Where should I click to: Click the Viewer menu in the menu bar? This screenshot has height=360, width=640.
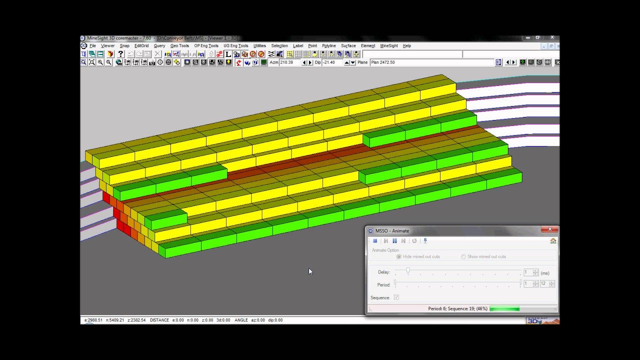pyautogui.click(x=107, y=46)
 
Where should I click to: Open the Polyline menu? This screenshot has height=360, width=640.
pyautogui.click(x=328, y=46)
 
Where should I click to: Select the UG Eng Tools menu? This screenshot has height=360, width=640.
pyautogui.click(x=235, y=46)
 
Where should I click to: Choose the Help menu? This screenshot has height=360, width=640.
pyautogui.click(x=406, y=46)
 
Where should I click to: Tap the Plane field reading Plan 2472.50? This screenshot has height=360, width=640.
pyautogui.click(x=430, y=62)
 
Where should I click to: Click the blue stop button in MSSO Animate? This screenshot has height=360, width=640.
pyautogui.click(x=375, y=241)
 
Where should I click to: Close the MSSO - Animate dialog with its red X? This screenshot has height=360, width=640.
pyautogui.click(x=549, y=229)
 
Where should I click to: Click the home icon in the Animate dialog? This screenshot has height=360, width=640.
pyautogui.click(x=553, y=241)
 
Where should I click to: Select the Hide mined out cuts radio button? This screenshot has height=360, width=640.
pyautogui.click(x=399, y=256)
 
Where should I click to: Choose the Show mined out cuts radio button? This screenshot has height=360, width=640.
pyautogui.click(x=463, y=256)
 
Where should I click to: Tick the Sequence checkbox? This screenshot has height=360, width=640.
pyautogui.click(x=396, y=297)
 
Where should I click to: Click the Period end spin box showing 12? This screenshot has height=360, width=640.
pyautogui.click(x=543, y=283)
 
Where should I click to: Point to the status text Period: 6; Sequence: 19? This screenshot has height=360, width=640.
pyautogui.click(x=457, y=309)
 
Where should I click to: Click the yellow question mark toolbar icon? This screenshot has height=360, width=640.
pyautogui.click(x=120, y=54)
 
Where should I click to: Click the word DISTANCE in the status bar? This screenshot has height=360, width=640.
pyautogui.click(x=159, y=320)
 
